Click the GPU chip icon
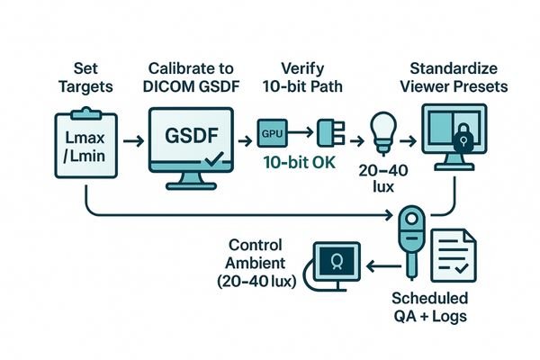click(272, 132)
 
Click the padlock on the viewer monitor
click(462, 136)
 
